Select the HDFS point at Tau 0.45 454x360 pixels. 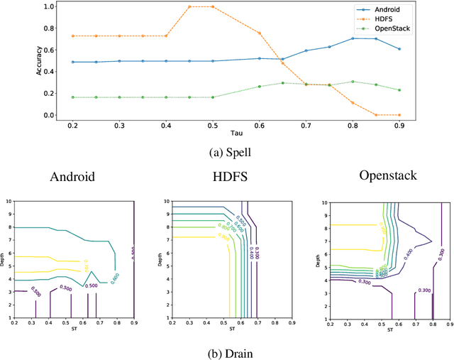(x=189, y=6)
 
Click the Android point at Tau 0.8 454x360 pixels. (x=353, y=38)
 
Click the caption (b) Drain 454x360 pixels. (x=227, y=351)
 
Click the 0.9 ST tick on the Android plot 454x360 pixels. (x=133, y=323)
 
